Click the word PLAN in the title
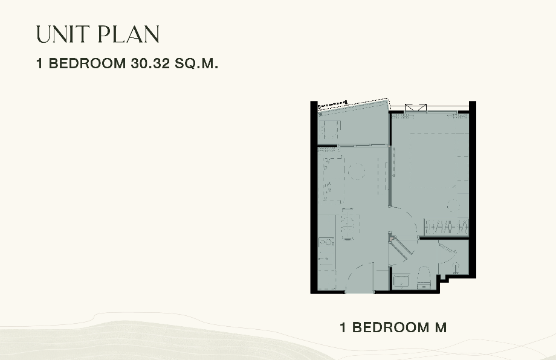point(128,34)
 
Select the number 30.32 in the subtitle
point(150,63)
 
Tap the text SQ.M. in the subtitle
point(196,63)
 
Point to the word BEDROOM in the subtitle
point(87,63)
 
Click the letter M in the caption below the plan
point(441,327)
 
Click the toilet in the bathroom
point(424,277)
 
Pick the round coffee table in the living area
point(356,171)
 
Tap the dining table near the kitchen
point(348,224)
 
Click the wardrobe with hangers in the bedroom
point(447,227)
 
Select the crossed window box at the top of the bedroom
point(416,108)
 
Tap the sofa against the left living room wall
point(331,178)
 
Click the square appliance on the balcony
point(329,130)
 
